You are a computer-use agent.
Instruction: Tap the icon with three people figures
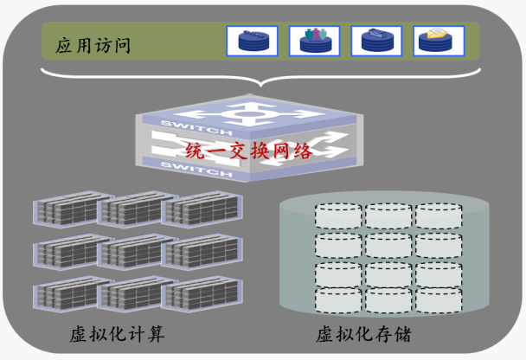pyautogui.click(x=316, y=41)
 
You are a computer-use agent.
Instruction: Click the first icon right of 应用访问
pyautogui.click(x=253, y=41)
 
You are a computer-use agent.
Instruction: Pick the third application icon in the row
pyautogui.click(x=377, y=41)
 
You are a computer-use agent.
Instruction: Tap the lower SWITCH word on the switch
pyautogui.click(x=208, y=171)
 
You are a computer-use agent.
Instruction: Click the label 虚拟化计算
pyautogui.click(x=118, y=334)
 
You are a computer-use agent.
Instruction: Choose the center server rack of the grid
pyautogui.click(x=134, y=252)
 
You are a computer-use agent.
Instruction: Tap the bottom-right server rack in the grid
pyautogui.click(x=201, y=294)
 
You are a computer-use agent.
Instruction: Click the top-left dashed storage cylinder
pyautogui.click(x=337, y=216)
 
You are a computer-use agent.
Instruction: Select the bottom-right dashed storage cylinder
pyautogui.click(x=439, y=299)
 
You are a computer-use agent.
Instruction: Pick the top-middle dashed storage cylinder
pyautogui.click(x=388, y=216)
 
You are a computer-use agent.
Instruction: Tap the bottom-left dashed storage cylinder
pyautogui.click(x=337, y=299)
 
